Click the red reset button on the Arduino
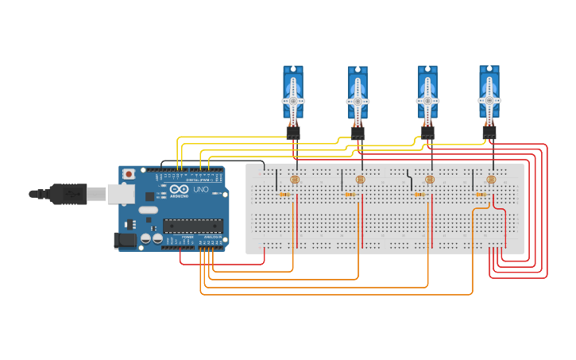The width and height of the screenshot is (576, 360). click(x=129, y=174)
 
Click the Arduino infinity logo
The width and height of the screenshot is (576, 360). click(x=179, y=189)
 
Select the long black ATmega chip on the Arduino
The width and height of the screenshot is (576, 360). click(x=192, y=226)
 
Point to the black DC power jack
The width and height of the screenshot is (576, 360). click(x=125, y=240)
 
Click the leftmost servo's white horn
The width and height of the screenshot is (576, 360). click(x=292, y=101)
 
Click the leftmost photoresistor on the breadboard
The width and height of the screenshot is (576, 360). click(x=295, y=180)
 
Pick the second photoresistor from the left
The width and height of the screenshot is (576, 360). click(x=360, y=180)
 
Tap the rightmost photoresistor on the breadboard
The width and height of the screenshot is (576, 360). click(x=490, y=180)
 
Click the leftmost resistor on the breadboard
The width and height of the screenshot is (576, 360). click(x=284, y=195)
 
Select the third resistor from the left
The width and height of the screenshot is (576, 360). click(x=419, y=195)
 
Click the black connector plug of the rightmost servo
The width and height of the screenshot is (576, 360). click(x=489, y=133)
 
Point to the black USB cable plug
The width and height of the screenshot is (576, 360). click(x=68, y=193)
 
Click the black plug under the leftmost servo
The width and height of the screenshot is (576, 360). click(x=293, y=133)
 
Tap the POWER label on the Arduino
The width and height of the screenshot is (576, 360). click(x=187, y=237)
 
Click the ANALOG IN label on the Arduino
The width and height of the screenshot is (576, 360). click(x=212, y=237)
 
